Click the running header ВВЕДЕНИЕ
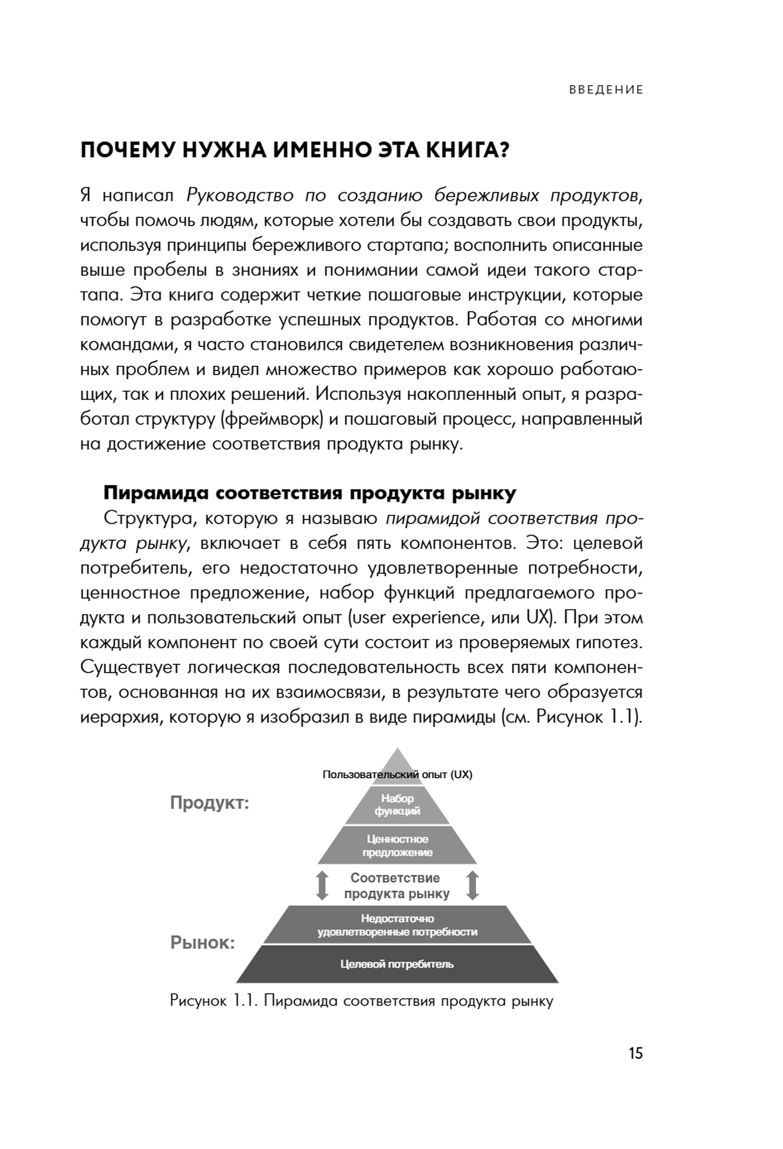(x=606, y=90)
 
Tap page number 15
(x=635, y=1053)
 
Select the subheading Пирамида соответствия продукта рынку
(x=310, y=493)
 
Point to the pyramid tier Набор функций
(x=397, y=804)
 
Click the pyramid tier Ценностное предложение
(x=397, y=846)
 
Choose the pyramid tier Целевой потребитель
(x=397, y=964)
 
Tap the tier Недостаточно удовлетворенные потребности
(x=397, y=925)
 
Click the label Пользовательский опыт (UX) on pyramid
(x=397, y=774)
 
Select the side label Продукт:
(x=210, y=802)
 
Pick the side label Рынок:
(x=203, y=942)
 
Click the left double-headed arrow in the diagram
(x=322, y=885)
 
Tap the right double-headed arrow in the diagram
(x=472, y=885)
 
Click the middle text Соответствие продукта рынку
(x=396, y=886)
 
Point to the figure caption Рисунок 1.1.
(x=361, y=1001)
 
